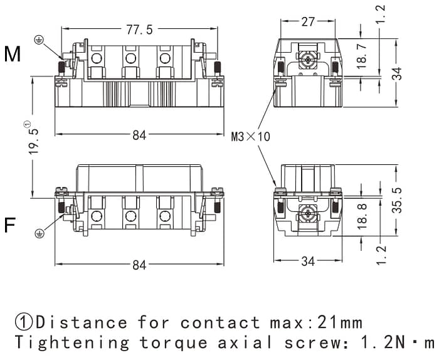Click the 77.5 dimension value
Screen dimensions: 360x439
point(139,29)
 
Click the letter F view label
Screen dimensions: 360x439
point(10,225)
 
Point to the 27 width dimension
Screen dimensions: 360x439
point(308,21)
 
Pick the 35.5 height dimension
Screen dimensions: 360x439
point(396,200)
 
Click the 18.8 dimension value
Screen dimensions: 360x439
point(361,216)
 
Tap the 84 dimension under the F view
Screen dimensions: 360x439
point(139,265)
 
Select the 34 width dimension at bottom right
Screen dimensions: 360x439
point(308,261)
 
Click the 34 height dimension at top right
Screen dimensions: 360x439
point(397,72)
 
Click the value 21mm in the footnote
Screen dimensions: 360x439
point(336,322)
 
